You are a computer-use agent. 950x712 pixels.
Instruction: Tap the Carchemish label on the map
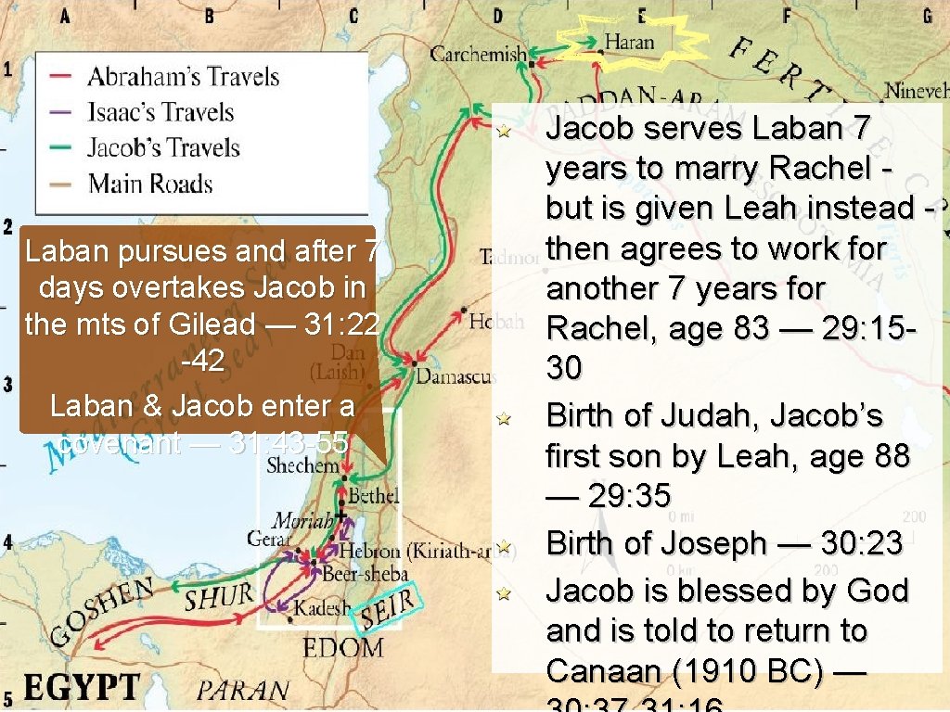(478, 54)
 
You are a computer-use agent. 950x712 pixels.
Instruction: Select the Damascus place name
(455, 376)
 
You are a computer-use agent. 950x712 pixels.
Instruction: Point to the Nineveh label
(917, 91)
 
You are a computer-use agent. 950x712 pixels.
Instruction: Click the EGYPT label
(82, 688)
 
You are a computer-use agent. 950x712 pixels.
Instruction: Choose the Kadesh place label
(322, 609)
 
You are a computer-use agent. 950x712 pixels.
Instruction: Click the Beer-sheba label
(365, 574)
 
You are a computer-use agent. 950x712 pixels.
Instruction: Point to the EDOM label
(342, 646)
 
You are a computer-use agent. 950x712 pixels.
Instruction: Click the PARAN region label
(242, 691)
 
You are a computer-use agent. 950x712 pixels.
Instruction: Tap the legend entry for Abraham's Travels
(183, 76)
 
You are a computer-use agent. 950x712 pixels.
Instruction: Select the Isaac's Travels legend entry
(160, 112)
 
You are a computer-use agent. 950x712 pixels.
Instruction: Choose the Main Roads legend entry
(150, 183)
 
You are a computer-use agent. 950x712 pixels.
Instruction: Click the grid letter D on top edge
(498, 15)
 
